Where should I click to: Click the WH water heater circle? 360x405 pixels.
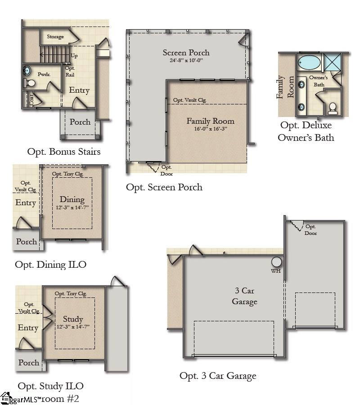coord(276,262)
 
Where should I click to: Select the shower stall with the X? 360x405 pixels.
coord(333,62)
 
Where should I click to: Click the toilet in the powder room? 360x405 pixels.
coord(30,83)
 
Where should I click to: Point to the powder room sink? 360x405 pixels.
coord(27,70)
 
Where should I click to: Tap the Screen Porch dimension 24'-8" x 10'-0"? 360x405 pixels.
coord(186,60)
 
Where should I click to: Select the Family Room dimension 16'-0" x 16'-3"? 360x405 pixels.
coord(210,129)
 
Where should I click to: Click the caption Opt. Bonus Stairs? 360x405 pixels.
coord(63,152)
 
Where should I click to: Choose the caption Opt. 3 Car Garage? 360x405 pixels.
coord(218,375)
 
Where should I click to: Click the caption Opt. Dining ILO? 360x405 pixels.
coord(50,264)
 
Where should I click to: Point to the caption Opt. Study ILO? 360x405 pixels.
coord(50,386)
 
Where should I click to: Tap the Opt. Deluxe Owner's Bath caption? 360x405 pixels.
coord(306,131)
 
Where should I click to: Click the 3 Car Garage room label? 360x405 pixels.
coord(244,296)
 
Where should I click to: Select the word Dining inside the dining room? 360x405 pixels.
coord(72,200)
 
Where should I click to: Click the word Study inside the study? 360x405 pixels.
coord(72,319)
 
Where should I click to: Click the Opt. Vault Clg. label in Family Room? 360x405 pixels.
coord(189,100)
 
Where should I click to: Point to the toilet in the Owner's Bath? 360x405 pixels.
coord(333,107)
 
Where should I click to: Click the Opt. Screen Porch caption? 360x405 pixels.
coord(164,187)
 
